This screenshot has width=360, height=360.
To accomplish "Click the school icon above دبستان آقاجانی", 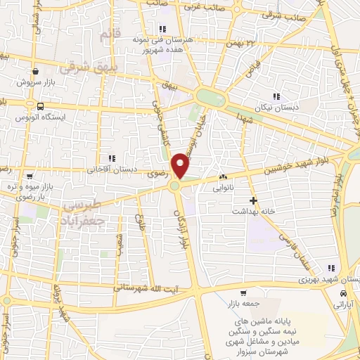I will click(110, 157).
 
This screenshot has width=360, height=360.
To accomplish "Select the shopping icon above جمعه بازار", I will click(243, 292).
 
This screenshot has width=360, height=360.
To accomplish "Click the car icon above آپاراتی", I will click(342, 292).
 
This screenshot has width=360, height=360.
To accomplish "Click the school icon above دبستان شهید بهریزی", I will click(331, 268).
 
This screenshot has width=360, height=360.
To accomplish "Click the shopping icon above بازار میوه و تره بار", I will click(28, 176).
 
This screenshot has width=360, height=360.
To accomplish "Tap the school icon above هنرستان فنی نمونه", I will click(162, 29).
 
